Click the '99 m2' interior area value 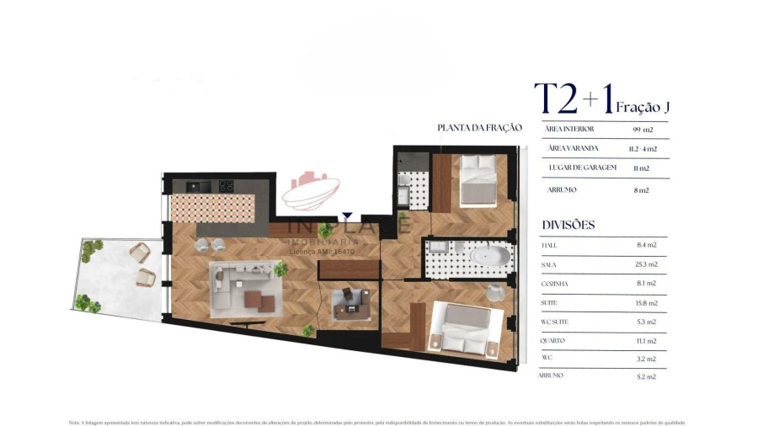[643, 130]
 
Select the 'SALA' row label [550, 264]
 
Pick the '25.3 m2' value [647, 264]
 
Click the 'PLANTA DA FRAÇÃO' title [479, 128]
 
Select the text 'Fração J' [642, 107]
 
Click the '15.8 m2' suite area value [647, 303]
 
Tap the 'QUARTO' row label [553, 341]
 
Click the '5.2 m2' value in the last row [647, 376]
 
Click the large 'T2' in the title [556, 99]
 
